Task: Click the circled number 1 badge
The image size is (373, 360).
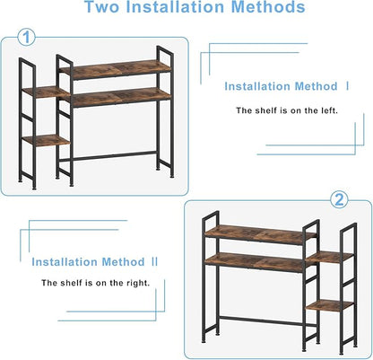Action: point(27,38)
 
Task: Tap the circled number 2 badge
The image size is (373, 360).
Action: point(339,199)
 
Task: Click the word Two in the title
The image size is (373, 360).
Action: point(102,7)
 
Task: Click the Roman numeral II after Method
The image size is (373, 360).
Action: point(154,261)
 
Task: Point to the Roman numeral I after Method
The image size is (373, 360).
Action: point(347,86)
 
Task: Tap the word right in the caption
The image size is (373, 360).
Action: point(138,283)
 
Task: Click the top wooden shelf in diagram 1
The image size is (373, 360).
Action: point(116,69)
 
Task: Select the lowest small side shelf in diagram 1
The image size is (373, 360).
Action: point(46,140)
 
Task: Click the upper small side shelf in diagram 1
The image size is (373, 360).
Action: point(46,92)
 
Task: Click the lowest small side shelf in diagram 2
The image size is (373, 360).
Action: point(330,305)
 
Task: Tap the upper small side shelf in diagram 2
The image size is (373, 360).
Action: point(330,258)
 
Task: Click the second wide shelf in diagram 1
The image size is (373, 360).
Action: point(121,97)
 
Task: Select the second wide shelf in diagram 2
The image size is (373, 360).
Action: point(255,262)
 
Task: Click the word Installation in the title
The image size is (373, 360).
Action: point(175,7)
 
